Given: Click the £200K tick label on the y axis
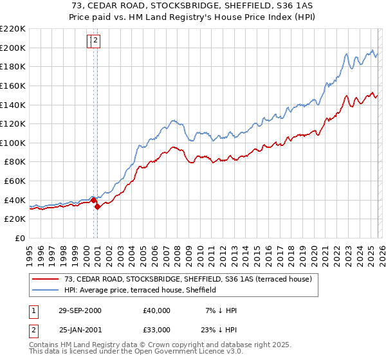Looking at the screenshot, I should (x=13, y=48).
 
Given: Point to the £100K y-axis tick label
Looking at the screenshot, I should (x=13, y=143).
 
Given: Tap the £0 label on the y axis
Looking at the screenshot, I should (x=19, y=239).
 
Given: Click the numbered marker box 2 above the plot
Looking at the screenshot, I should (x=95, y=41).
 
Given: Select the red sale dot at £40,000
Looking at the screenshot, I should (x=94, y=200).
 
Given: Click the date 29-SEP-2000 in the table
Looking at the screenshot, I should (x=80, y=310).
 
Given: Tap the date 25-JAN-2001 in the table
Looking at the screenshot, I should (x=80, y=329).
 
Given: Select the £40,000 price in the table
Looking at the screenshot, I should (x=157, y=310).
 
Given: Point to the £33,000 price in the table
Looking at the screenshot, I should (x=157, y=329).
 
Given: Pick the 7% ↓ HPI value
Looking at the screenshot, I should (x=217, y=310).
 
